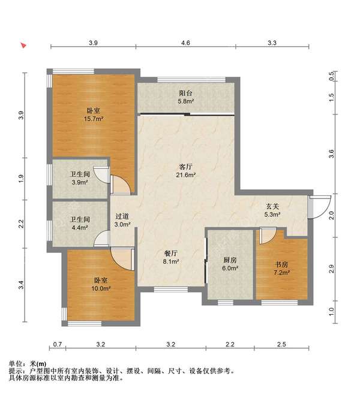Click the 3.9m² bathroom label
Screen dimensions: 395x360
coord(77,178)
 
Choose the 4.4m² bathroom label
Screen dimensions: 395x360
coord(79,223)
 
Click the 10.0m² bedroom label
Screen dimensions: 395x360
coord(101,284)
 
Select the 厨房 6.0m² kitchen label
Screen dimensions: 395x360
coord(229,264)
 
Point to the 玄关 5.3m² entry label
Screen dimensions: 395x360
coord(273,210)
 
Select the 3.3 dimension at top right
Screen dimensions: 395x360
coord(271,43)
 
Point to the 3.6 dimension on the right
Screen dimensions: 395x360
coord(331,153)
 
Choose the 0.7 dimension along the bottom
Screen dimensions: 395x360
coord(57,345)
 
